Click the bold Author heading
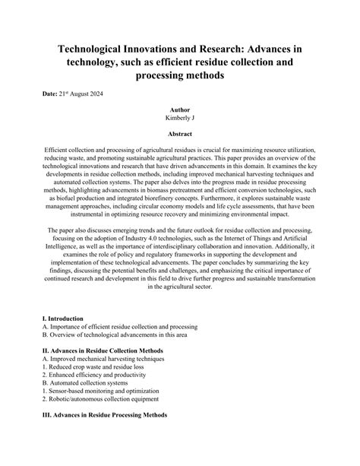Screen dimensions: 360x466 coord(179,110)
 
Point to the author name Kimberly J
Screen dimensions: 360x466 coord(179,119)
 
